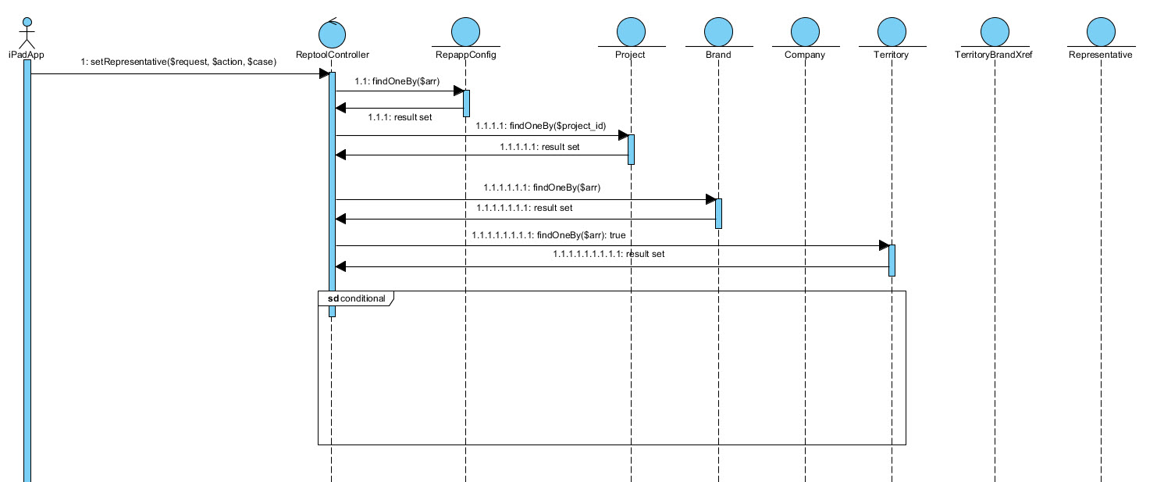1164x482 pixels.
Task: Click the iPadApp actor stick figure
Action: tap(27, 31)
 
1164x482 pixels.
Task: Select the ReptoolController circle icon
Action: tap(332, 33)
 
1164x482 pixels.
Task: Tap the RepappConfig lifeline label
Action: tap(465, 55)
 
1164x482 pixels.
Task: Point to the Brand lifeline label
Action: tap(717, 55)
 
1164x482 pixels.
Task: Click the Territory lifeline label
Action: tap(891, 55)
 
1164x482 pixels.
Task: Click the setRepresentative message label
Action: tap(178, 62)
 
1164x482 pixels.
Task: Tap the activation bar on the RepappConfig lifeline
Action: tap(467, 103)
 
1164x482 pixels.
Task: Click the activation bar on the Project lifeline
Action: tap(631, 149)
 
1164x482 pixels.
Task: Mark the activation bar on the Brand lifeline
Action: tap(718, 213)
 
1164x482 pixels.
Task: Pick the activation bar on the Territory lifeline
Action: tap(892, 260)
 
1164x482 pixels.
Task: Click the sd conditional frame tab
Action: tap(356, 298)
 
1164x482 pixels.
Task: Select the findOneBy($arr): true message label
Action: tap(549, 234)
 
